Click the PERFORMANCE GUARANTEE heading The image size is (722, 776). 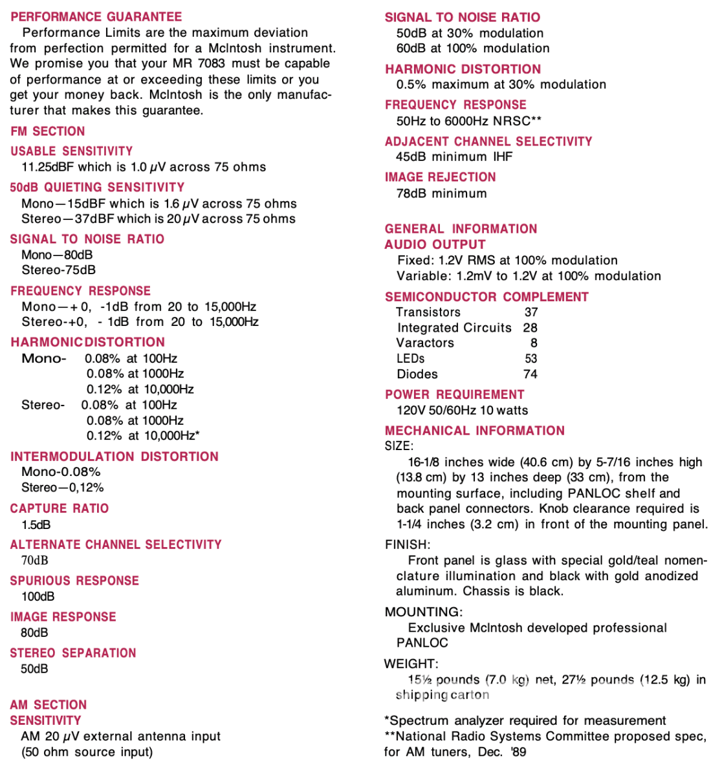click(96, 17)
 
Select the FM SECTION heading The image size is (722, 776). click(48, 131)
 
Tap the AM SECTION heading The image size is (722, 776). click(49, 705)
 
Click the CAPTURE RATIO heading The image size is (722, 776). click(60, 508)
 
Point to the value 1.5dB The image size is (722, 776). click(36, 524)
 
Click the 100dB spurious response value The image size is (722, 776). click(38, 596)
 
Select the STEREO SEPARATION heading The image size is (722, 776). click(73, 653)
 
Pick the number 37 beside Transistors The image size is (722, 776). click(531, 312)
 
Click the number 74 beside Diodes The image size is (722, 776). click(531, 374)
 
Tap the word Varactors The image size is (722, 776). click(425, 343)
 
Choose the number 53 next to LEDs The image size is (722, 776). click(531, 359)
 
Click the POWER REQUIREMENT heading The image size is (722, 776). click(454, 394)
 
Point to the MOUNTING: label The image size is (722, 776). click(424, 612)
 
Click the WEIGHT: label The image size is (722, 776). click(411, 663)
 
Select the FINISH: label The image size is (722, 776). click(408, 544)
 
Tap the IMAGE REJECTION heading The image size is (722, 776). click(441, 177)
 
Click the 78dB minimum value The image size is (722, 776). click(441, 193)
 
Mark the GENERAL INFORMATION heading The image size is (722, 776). click(461, 229)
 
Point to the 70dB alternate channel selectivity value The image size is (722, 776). click(35, 561)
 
